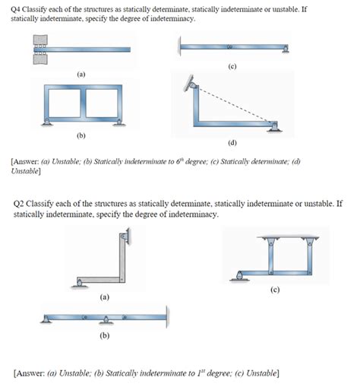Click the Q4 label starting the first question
pyautogui.click(x=21, y=8)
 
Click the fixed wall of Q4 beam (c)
pyautogui.click(x=179, y=48)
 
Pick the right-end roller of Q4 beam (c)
pyautogui.click(x=285, y=51)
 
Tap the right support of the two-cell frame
pyautogui.click(x=118, y=124)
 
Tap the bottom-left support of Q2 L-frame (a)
pyautogui.click(x=78, y=284)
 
